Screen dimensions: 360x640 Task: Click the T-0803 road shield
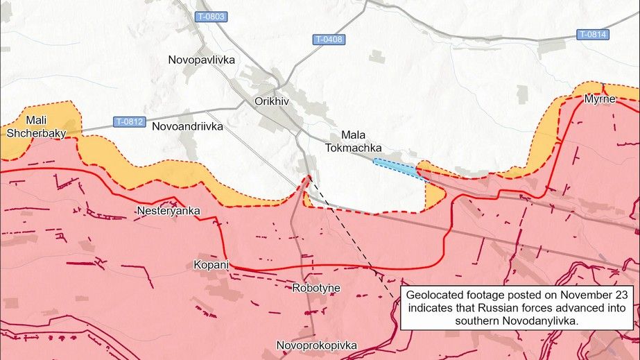click(x=211, y=17)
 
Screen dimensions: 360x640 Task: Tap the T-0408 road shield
click(x=329, y=40)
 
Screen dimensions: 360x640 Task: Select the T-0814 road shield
click(x=594, y=34)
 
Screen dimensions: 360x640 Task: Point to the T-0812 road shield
click(x=130, y=122)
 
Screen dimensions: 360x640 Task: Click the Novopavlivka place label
click(x=202, y=60)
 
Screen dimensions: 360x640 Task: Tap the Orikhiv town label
click(x=272, y=101)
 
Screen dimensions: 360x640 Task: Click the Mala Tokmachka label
click(x=352, y=140)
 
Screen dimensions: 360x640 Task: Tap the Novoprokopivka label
click(x=316, y=345)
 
